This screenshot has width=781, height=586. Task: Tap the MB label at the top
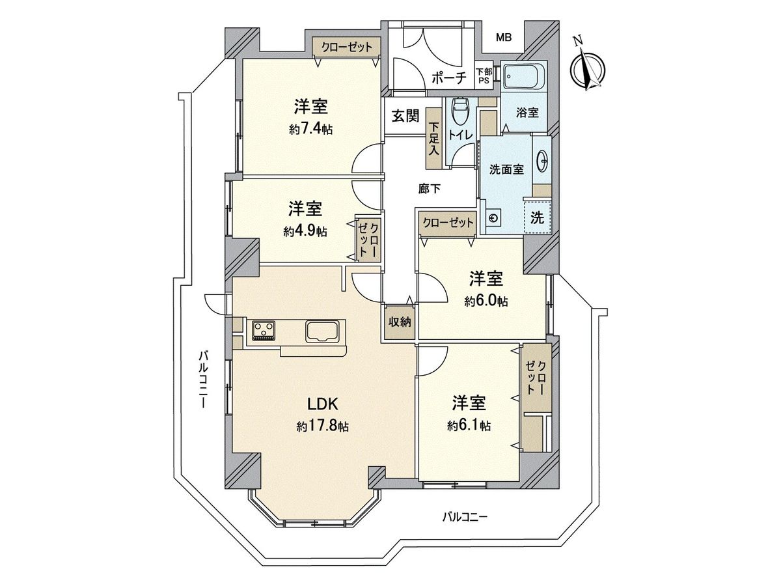[504, 38]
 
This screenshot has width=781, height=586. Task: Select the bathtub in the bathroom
[524, 77]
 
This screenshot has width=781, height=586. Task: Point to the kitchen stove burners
[264, 330]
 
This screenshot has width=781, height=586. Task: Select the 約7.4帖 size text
[310, 130]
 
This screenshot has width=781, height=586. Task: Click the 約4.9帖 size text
[305, 232]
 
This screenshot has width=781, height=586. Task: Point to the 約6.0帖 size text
[486, 301]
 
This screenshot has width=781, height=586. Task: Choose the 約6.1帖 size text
[469, 426]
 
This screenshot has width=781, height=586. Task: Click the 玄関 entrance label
[405, 116]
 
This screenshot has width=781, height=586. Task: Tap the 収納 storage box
[400, 322]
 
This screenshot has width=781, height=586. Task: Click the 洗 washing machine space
[538, 217]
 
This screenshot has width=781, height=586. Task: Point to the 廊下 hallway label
[429, 189]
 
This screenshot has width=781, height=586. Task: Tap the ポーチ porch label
[449, 78]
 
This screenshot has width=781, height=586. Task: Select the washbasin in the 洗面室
[543, 161]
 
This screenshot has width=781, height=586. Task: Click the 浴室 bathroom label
[527, 113]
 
